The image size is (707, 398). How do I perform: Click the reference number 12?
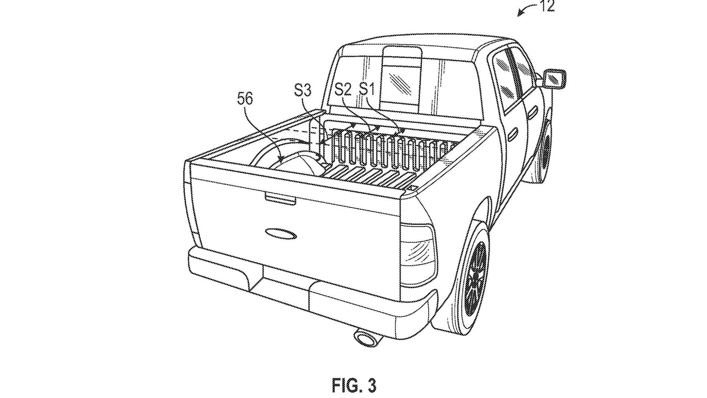coord(548,6)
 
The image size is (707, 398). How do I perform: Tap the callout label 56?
coord(245,99)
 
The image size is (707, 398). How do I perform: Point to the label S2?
coord(343,90)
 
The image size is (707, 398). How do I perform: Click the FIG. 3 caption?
coord(354,385)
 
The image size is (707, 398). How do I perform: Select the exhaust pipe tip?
coord(365,338)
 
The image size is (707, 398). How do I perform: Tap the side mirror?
coord(554,78)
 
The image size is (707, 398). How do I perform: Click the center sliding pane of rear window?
coord(401,77)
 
